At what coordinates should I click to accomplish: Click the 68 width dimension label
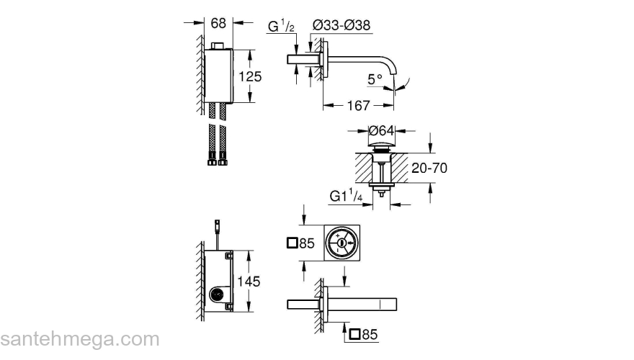[x=218, y=23]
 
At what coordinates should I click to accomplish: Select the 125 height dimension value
[x=250, y=76]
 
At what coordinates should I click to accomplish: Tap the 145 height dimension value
[x=249, y=282]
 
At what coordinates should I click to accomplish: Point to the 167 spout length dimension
[x=359, y=106]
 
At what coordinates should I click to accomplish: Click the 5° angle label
[x=375, y=79]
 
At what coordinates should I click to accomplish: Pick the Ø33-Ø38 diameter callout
[x=341, y=25]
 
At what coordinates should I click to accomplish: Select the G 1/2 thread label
[x=281, y=26]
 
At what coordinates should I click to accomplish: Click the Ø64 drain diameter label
[x=381, y=130]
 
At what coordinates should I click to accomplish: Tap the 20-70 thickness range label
[x=429, y=168]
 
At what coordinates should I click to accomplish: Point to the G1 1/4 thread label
[x=346, y=196]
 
